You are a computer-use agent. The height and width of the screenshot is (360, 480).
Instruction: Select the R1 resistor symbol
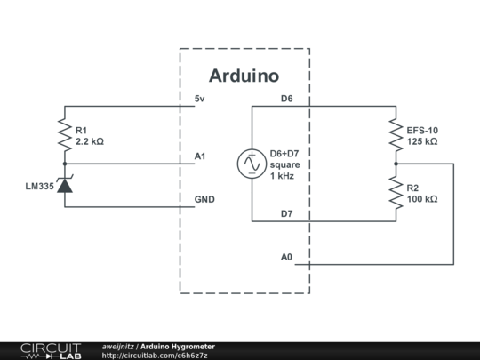tap(64, 135)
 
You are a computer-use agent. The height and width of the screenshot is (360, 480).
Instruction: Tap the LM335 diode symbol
tap(64, 187)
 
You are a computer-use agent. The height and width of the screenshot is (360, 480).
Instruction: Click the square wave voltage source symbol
tap(251, 164)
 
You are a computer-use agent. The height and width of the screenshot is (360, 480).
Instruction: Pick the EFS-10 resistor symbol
tap(396, 135)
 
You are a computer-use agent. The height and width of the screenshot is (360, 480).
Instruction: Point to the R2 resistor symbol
tap(396, 193)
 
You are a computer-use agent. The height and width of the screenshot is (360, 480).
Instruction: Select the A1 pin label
tap(200, 156)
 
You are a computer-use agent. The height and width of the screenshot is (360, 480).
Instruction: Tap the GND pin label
tap(204, 199)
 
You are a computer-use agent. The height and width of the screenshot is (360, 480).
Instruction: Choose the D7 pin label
tap(286, 213)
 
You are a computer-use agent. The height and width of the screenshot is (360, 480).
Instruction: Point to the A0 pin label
tap(286, 257)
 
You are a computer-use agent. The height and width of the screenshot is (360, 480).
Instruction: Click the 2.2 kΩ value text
tap(91, 141)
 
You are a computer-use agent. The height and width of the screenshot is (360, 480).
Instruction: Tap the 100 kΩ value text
tap(422, 199)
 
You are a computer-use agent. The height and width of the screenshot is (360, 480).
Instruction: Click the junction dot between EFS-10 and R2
tap(396, 164)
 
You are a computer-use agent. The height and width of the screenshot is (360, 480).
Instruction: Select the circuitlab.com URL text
tap(155, 356)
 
